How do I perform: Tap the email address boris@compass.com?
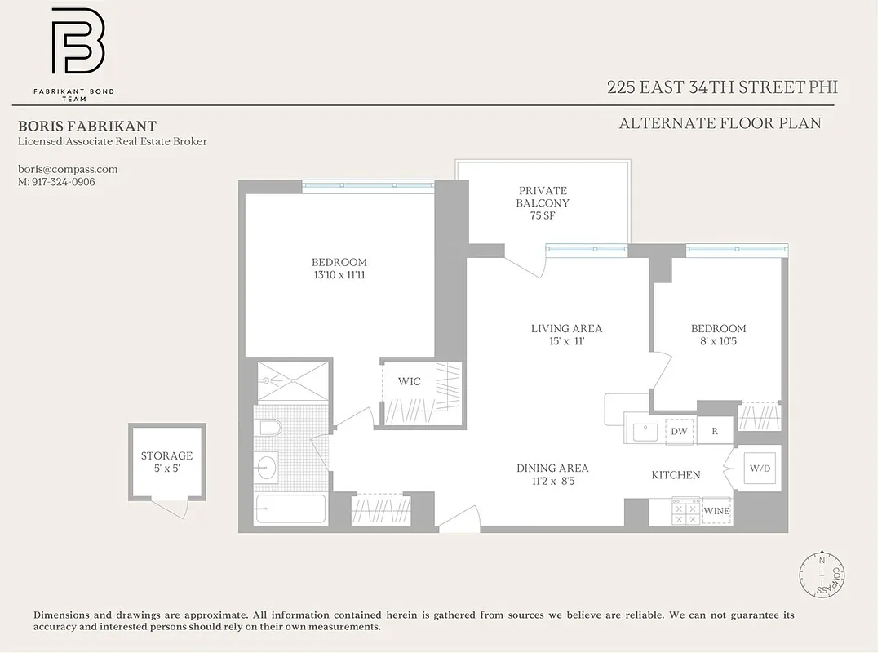[68, 170]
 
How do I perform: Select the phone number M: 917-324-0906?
[56, 182]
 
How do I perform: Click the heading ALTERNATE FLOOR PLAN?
[720, 124]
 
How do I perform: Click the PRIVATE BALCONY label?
[543, 197]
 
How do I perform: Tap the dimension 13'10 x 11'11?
[339, 275]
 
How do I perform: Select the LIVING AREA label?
[566, 329]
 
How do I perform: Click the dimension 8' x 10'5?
[718, 341]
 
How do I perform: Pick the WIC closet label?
[409, 382]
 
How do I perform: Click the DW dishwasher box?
[679, 431]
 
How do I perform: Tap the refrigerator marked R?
[715, 431]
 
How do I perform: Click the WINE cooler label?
[716, 511]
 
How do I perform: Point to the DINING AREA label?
[552, 469]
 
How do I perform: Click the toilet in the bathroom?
[268, 429]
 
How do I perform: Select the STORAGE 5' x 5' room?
[166, 461]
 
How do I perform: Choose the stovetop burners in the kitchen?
[685, 511]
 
